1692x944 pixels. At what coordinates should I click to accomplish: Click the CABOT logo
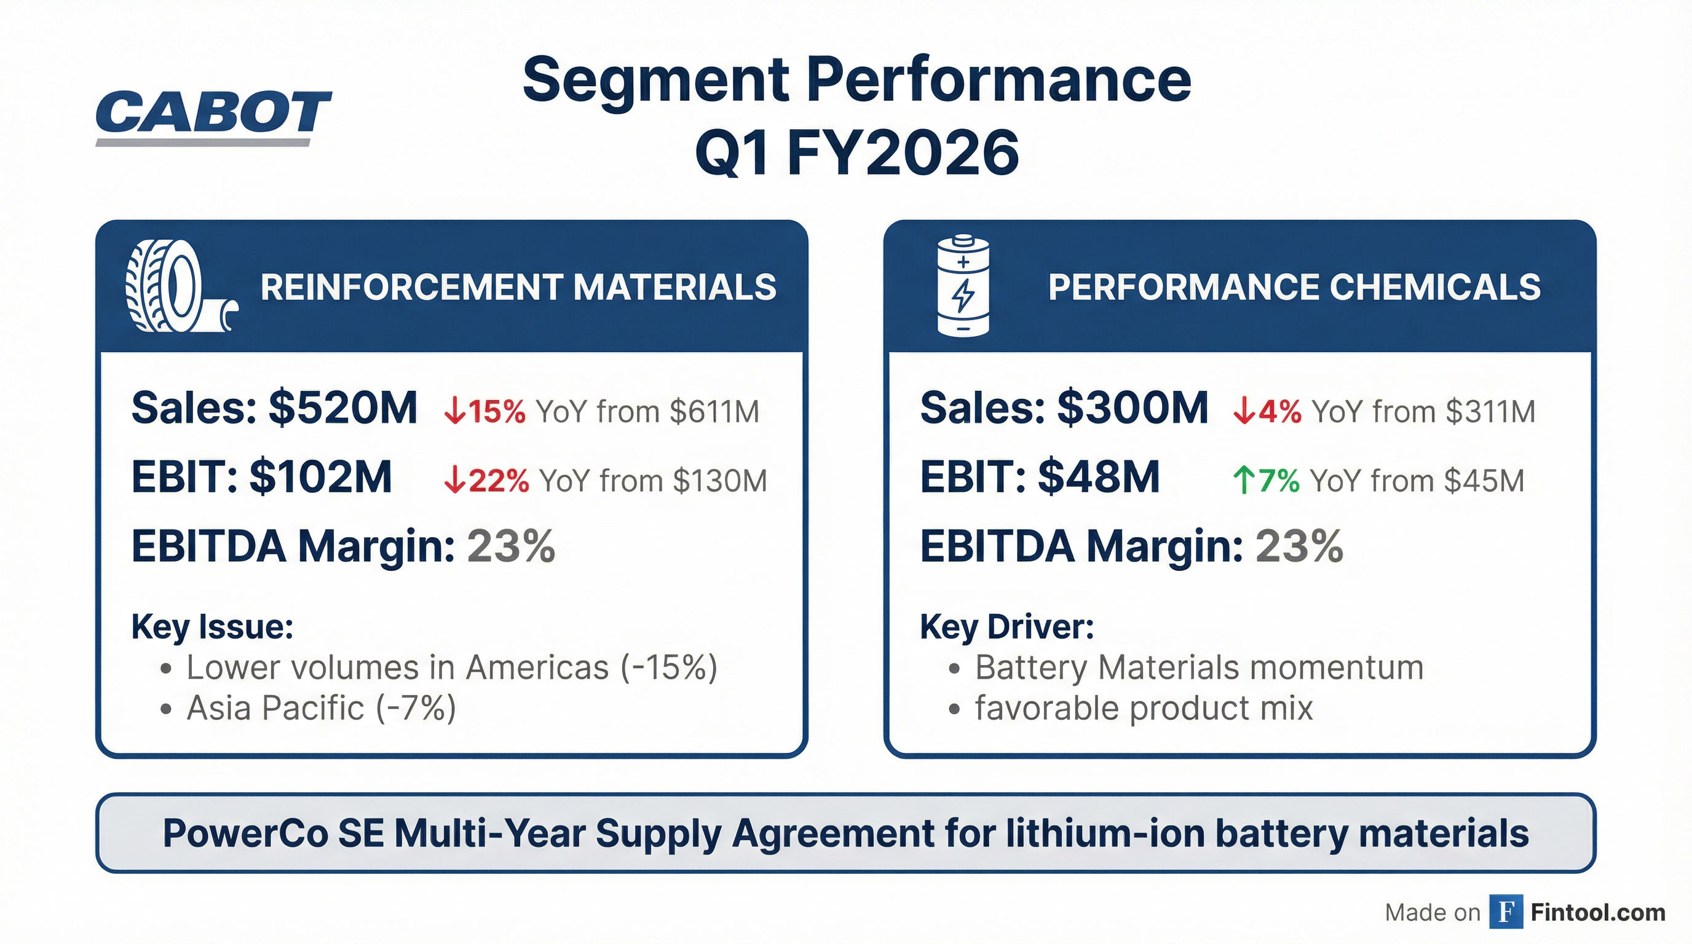pyautogui.click(x=213, y=117)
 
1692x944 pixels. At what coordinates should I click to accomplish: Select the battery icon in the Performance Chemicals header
pyautogui.click(x=962, y=286)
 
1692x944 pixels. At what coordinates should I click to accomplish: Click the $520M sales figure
pyautogui.click(x=343, y=408)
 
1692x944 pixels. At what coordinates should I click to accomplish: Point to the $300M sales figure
pyautogui.click(x=1133, y=408)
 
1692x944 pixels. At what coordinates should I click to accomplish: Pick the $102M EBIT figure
pyautogui.click(x=320, y=478)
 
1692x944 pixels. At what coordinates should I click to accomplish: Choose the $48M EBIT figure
pyautogui.click(x=1098, y=478)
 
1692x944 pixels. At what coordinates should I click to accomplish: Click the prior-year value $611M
pyautogui.click(x=714, y=412)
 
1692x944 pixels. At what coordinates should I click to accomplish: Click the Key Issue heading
pyautogui.click(x=212, y=627)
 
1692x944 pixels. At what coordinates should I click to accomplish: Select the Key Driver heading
pyautogui.click(x=1007, y=627)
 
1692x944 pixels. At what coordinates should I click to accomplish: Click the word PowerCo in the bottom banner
pyautogui.click(x=244, y=834)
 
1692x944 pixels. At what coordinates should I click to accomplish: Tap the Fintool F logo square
pyautogui.click(x=1506, y=913)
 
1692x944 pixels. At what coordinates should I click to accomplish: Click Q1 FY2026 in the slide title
pyautogui.click(x=856, y=154)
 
